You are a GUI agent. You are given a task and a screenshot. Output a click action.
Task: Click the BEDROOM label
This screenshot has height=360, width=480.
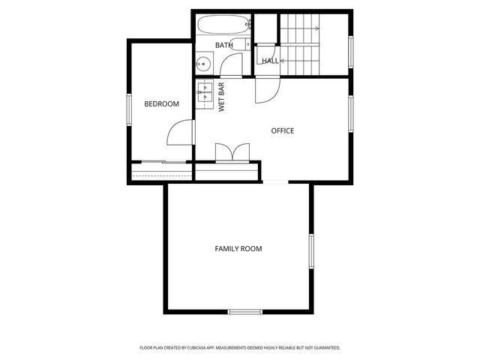pos(161,103)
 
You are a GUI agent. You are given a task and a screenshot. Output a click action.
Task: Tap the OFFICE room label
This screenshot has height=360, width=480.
pos(283,130)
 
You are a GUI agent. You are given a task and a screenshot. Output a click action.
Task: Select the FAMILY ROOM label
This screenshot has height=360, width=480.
pos(238,248)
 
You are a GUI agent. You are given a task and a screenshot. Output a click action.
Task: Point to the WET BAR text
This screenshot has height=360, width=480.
pos(223,97)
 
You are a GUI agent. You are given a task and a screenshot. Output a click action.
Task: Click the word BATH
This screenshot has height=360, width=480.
pos(223,46)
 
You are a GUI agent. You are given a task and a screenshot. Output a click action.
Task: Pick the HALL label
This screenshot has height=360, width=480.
pos(270,61)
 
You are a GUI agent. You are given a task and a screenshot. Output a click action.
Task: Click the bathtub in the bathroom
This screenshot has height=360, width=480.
pos(222,27)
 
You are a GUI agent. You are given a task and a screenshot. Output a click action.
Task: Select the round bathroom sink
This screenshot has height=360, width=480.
pos(203,63)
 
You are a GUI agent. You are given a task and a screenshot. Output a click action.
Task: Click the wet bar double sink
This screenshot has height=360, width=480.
pos(203,93)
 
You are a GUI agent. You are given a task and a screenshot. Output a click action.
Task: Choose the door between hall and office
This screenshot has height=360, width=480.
pos(266,89)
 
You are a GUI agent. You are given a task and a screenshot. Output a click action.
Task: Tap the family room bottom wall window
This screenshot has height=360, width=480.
pos(244,310)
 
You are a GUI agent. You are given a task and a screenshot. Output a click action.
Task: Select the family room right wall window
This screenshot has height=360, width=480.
pos(310,250)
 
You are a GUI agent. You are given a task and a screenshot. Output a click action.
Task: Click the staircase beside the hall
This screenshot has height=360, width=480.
pos(300,45)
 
